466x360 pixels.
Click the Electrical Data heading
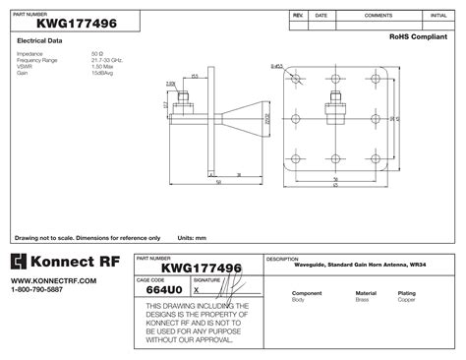click(x=41, y=41)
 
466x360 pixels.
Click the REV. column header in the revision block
click(x=297, y=16)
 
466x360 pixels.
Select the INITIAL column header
click(x=438, y=16)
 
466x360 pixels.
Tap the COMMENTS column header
click(x=379, y=16)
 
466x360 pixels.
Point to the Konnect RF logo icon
click(x=26, y=262)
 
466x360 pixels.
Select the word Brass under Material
click(x=365, y=299)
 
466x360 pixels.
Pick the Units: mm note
click(x=192, y=238)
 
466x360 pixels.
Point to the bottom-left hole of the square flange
click(x=295, y=157)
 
